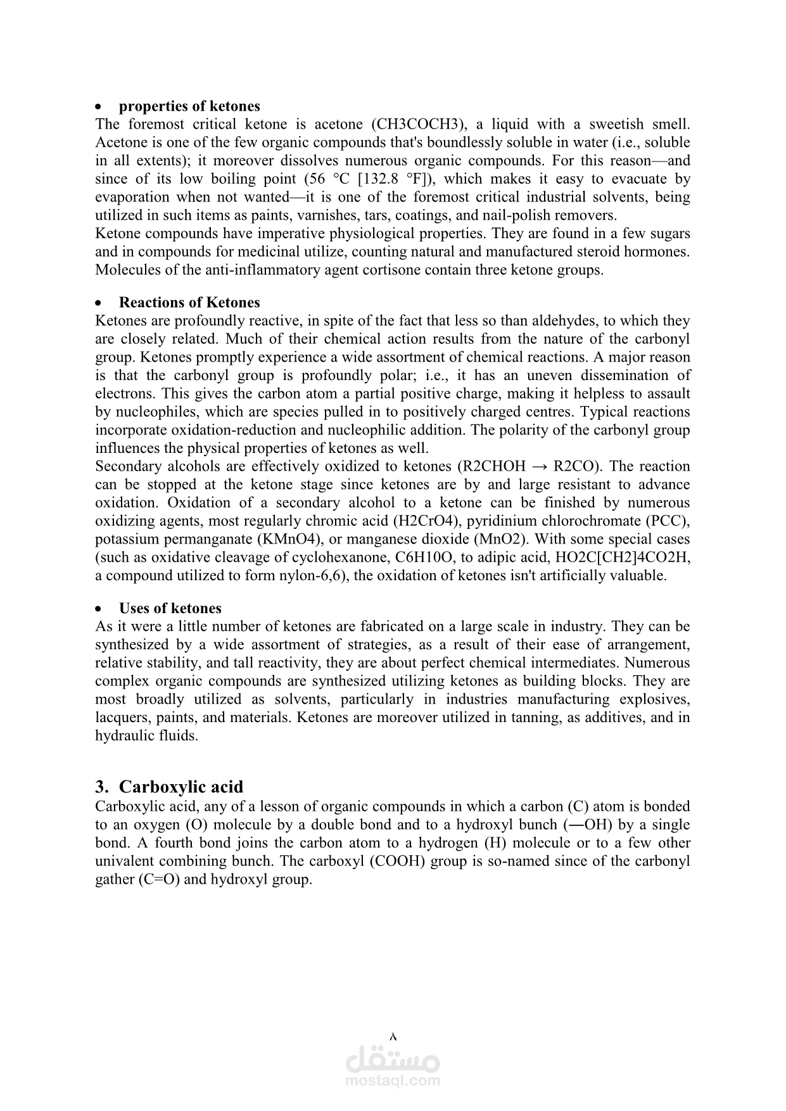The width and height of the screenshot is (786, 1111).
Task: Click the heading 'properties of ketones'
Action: click(189, 106)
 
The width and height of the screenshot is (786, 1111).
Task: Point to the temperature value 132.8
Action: click(369, 179)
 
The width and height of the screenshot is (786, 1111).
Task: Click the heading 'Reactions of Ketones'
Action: click(189, 303)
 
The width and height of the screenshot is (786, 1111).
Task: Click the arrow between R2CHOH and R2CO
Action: click(540, 467)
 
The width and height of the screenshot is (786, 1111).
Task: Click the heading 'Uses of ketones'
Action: click(170, 609)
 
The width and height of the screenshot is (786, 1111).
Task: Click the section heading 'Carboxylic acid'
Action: click(181, 787)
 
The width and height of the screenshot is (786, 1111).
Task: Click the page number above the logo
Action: click(393, 1037)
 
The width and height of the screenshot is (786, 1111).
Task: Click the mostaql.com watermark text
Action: click(393, 1081)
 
